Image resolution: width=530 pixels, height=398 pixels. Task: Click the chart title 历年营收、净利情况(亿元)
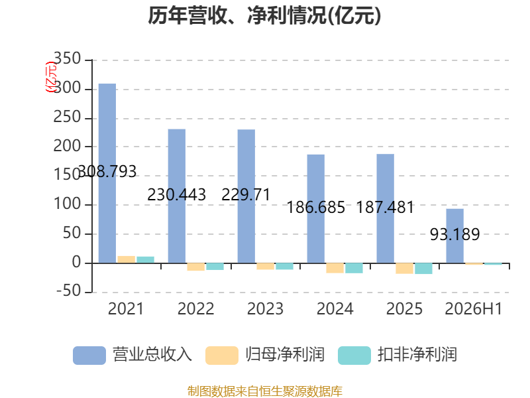pyautogui.click(x=264, y=15)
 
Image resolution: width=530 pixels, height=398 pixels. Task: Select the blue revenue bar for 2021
pyautogui.click(x=107, y=173)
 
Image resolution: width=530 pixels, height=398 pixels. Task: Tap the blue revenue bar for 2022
pyautogui.click(x=177, y=196)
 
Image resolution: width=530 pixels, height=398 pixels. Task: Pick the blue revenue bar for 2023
pyautogui.click(x=246, y=196)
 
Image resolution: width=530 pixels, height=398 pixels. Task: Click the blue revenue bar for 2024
pyautogui.click(x=316, y=209)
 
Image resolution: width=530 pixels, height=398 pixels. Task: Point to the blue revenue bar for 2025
pyautogui.click(x=386, y=208)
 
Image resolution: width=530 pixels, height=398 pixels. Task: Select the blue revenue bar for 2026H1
pyautogui.click(x=455, y=236)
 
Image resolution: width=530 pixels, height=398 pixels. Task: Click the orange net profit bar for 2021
pyautogui.click(x=127, y=259)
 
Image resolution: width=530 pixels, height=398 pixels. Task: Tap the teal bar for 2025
pyautogui.click(x=423, y=269)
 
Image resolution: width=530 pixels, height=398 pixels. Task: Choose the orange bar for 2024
pyautogui.click(x=335, y=268)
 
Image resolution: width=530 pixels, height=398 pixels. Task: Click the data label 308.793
pyautogui.click(x=107, y=171)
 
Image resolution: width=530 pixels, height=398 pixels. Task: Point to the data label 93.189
pyautogui.click(x=455, y=234)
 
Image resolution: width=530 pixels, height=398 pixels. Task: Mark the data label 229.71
pyautogui.click(x=246, y=194)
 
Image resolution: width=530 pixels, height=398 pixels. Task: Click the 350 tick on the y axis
pyautogui.click(x=68, y=58)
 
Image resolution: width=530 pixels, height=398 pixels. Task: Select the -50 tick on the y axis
pyautogui.click(x=69, y=291)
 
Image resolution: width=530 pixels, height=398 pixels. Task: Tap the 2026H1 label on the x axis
pyautogui.click(x=474, y=308)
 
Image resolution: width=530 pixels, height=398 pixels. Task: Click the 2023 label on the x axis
pyautogui.click(x=266, y=308)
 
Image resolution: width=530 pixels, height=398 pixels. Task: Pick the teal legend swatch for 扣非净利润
pyautogui.click(x=354, y=356)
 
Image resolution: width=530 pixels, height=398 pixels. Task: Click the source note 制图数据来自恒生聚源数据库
pyautogui.click(x=265, y=391)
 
